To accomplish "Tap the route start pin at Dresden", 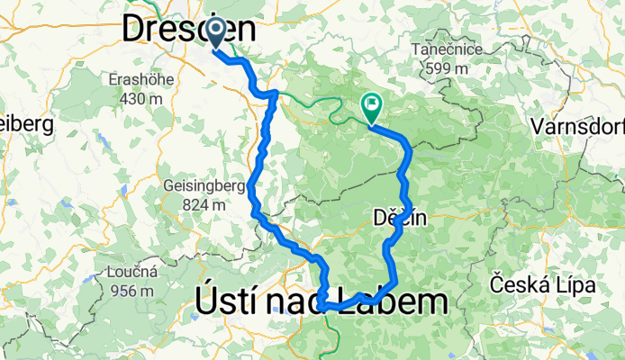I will coord(217,33).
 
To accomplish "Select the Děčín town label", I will coord(399,217).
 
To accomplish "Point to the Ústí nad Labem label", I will coord(321,302).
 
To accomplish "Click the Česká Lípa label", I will coord(542,285).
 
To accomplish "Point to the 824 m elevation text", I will coord(204,205).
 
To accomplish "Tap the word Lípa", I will coord(575,285).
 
